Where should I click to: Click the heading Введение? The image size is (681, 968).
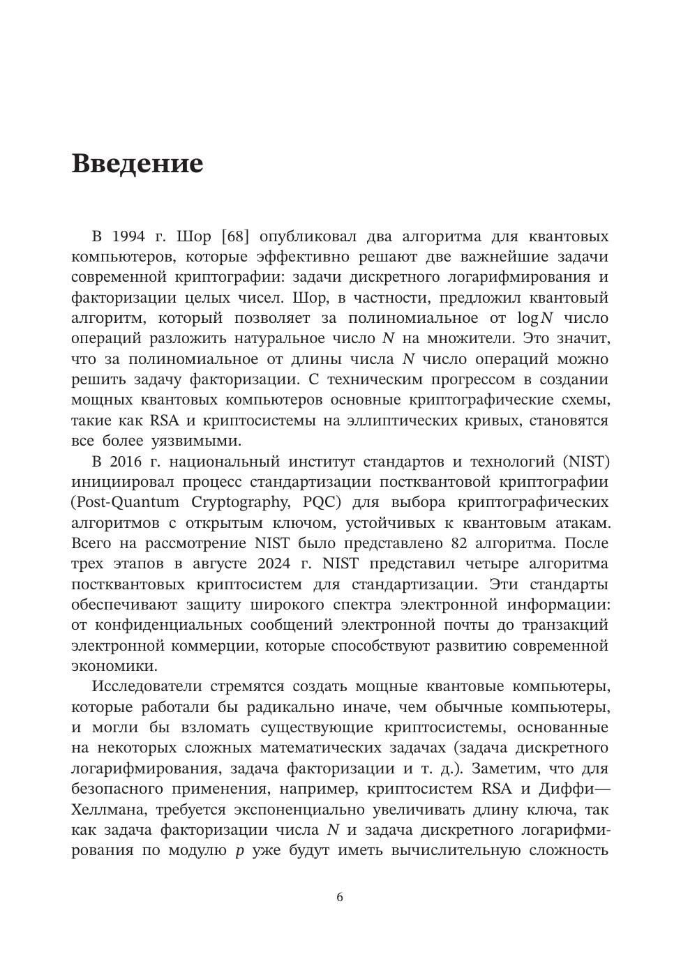click(137, 164)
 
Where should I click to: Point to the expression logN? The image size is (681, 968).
click(534, 318)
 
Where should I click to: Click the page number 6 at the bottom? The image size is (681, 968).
click(340, 898)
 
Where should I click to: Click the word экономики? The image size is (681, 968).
click(114, 665)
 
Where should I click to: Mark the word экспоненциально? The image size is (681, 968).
click(306, 810)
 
